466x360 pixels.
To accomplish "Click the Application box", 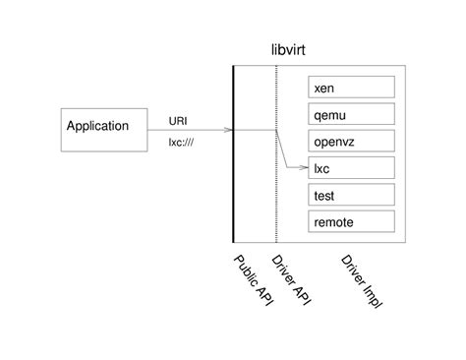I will (104, 126).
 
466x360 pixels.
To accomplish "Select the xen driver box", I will (351, 88).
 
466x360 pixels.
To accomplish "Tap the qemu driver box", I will (351, 114).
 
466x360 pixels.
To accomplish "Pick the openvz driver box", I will (351, 141).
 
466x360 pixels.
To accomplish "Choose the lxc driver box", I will (351, 168).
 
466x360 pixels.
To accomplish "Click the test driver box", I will (351, 195).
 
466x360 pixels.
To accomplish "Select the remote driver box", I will (351, 221).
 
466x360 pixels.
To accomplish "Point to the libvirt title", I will (294, 50).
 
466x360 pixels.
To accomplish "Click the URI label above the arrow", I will (178, 121).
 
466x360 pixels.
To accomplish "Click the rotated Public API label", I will (252, 279).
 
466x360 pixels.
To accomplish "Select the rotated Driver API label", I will (291, 279).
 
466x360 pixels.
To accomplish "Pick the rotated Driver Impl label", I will (361, 280).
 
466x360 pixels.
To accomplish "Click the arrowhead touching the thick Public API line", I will (228, 129).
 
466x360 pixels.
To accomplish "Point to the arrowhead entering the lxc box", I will (304, 168).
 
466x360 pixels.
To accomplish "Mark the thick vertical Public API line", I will (233, 197).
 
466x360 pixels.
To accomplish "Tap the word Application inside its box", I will (97, 126).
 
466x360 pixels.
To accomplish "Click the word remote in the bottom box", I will (333, 222).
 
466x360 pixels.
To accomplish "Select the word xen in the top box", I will (324, 89).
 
